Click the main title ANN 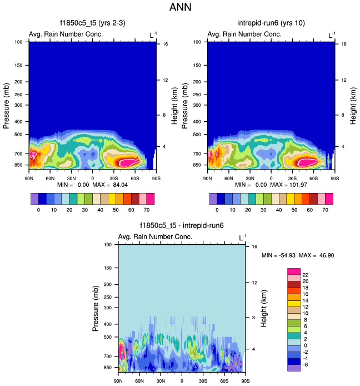[180, 8]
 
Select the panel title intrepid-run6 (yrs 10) [271, 23]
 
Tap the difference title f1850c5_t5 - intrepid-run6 [182, 226]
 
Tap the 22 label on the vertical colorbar [306, 275]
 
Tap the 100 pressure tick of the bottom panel [108, 245]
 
